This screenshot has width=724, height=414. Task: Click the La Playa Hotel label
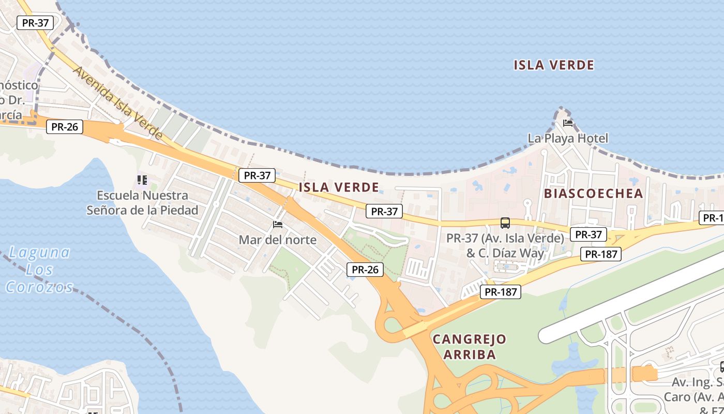coord(568,138)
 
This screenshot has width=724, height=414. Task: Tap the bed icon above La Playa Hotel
coord(568,123)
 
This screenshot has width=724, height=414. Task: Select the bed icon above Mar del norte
coord(278,225)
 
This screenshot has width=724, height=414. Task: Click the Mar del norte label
coord(277,240)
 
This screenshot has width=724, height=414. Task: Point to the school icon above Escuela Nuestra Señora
coord(142,181)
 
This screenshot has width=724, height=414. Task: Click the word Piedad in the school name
coord(178,210)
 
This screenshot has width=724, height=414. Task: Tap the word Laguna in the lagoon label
coord(40,253)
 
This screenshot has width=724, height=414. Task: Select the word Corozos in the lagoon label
coord(40,287)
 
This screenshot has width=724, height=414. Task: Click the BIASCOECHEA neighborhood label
coord(593,194)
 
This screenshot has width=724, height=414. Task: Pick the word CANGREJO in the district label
coord(469,339)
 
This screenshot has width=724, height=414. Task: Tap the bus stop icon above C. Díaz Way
coord(505,223)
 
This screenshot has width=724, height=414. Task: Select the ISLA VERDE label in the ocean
coord(554,65)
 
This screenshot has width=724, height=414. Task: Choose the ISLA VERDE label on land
coord(339,187)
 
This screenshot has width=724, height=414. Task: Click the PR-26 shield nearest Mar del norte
coord(365,269)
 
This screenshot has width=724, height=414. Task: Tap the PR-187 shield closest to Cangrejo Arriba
coord(501,292)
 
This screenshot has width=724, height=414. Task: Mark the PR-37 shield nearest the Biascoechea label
coord(588,234)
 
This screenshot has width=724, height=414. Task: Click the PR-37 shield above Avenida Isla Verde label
coord(35,23)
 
